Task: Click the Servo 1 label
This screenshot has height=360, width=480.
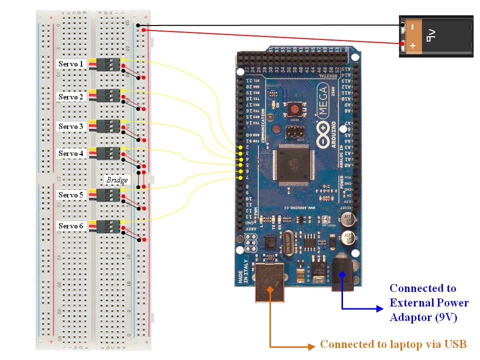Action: coord(71,64)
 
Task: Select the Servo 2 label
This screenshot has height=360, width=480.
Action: coord(71,96)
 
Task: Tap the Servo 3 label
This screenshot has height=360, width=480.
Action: coord(71,126)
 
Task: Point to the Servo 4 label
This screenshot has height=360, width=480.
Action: coord(71,153)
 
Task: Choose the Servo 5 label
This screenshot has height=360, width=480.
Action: coord(71,194)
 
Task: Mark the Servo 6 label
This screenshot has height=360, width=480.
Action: coord(71,226)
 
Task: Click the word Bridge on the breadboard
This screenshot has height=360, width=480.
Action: coord(116,180)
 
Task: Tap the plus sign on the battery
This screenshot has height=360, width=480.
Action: coord(412,46)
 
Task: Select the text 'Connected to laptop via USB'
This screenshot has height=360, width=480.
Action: coord(393,344)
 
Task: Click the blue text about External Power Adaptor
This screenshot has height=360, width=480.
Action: coord(429,302)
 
